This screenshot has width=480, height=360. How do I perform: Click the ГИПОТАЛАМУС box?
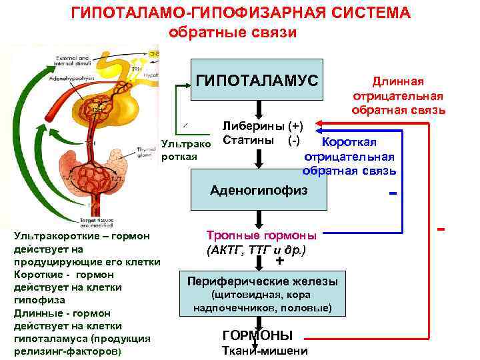pyautogui.click(x=257, y=81)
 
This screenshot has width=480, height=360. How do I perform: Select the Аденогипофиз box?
pyautogui.click(x=259, y=191)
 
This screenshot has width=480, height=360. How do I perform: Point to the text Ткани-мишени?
pyautogui.click(x=264, y=351)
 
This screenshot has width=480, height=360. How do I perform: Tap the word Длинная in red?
pyautogui.click(x=398, y=81)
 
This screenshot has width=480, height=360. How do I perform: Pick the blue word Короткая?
pyautogui.click(x=349, y=142)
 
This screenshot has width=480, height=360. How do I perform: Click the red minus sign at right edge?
pyautogui.click(x=441, y=229)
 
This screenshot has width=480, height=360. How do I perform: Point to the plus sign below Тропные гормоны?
pyautogui.click(x=279, y=261)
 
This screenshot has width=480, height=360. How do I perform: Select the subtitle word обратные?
pyautogui.click(x=200, y=31)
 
